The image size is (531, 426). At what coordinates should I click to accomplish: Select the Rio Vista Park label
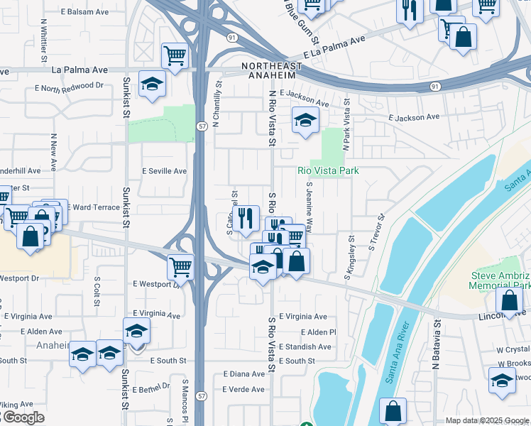[327, 170]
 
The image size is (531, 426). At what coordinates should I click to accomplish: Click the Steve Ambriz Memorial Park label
[500, 280]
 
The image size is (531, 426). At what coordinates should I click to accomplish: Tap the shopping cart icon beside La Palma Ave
[175, 55]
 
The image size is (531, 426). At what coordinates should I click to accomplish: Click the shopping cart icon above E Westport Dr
[181, 267]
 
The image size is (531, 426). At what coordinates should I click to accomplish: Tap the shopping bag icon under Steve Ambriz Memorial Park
[509, 300]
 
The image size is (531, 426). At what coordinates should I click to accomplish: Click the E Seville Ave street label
[164, 171]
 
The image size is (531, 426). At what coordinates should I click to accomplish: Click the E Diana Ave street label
[243, 373]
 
